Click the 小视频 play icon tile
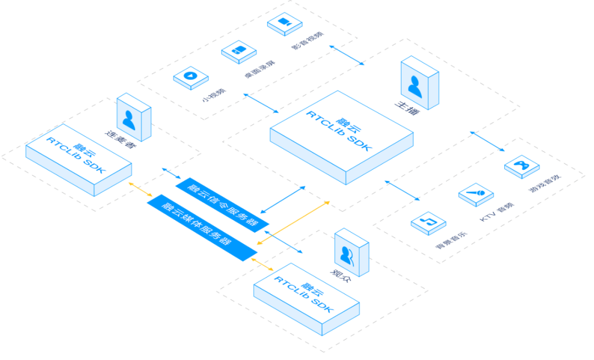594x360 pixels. point(190,76)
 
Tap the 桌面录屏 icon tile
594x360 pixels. point(239,51)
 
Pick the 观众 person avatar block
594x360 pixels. point(350,253)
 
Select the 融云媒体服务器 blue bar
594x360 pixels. point(202,227)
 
